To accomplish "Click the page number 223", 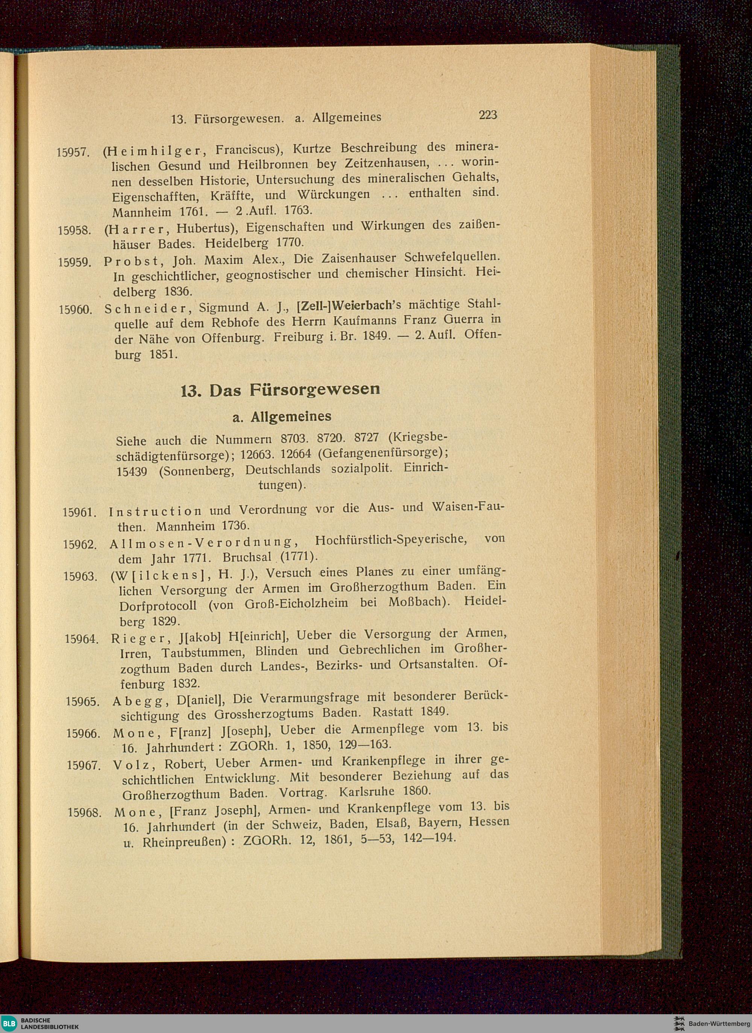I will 487,115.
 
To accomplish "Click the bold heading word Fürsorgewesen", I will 314,390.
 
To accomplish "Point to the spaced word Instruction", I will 155,512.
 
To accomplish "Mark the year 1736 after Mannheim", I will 235,526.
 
